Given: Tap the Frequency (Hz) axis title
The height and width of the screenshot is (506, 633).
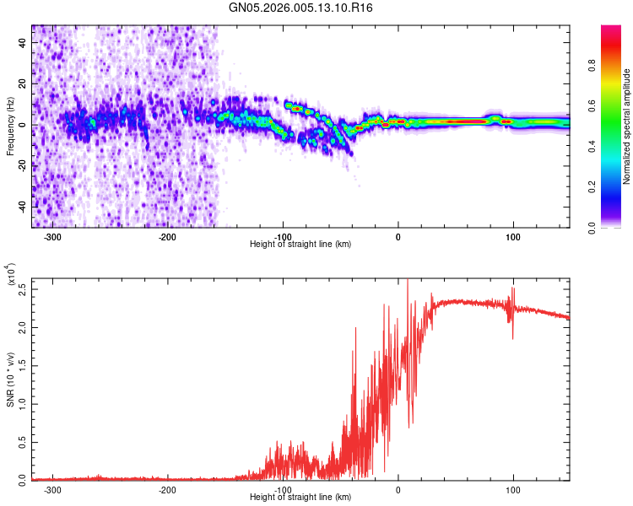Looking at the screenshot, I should [10, 126].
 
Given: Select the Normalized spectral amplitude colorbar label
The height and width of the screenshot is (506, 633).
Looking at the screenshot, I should [626, 126].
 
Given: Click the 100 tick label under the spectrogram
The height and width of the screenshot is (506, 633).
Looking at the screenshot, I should [512, 238].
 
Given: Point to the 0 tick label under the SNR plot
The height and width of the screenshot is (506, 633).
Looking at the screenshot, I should [398, 490].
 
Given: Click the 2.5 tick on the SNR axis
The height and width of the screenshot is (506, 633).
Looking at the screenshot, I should [23, 290].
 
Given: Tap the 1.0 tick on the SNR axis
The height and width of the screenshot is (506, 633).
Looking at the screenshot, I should [23, 403].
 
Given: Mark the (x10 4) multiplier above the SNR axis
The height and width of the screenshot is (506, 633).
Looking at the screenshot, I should [13, 275].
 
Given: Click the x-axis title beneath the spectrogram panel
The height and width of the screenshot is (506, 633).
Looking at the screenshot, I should [300, 245].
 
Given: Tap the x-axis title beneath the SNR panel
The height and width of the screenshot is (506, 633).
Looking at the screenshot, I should [300, 497].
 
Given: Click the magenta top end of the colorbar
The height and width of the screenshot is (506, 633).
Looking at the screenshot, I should [611, 30].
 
